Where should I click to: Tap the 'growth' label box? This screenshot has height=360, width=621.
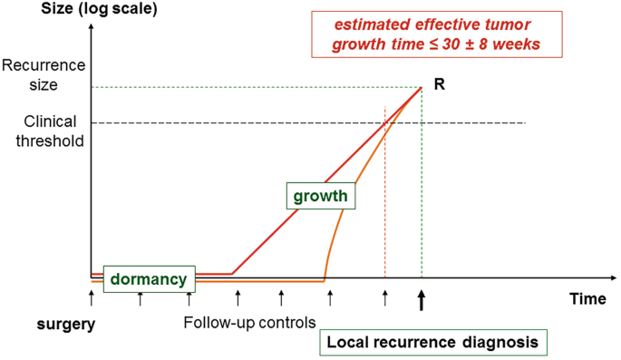(x=320, y=195)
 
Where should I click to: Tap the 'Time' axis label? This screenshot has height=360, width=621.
(x=587, y=298)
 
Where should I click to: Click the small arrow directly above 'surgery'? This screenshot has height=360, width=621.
(x=92, y=296)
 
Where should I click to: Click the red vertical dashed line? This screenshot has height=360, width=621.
(x=385, y=199)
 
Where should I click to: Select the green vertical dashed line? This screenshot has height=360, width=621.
(x=422, y=199)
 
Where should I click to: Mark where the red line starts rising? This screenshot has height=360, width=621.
(x=233, y=273)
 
